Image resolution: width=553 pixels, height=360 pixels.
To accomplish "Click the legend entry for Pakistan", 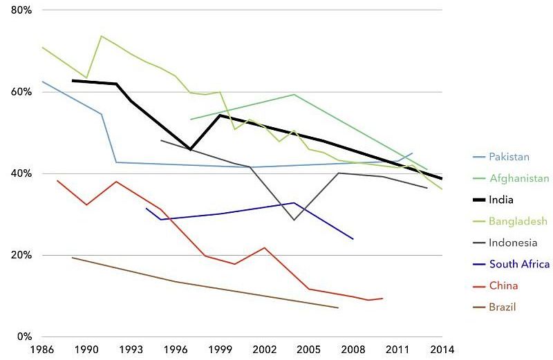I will [509, 156].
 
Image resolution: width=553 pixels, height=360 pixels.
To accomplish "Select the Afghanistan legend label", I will [518, 178].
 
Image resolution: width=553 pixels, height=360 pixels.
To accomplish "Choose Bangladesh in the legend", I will [518, 221].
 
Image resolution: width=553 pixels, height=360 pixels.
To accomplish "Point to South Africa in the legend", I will [519, 264].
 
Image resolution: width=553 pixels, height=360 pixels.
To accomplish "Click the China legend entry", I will [503, 285].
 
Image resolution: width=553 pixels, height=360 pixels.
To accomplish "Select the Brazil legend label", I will [503, 307].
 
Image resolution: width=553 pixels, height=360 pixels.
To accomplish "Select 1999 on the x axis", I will [220, 349].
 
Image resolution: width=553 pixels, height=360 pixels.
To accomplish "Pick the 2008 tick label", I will [353, 349].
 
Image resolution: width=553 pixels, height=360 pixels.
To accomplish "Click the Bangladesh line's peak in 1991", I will [102, 36].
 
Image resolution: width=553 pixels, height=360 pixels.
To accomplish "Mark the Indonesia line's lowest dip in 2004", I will [294, 220].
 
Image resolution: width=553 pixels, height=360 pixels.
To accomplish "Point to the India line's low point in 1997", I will [191, 149].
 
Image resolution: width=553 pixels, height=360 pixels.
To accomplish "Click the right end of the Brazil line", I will [338, 307].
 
